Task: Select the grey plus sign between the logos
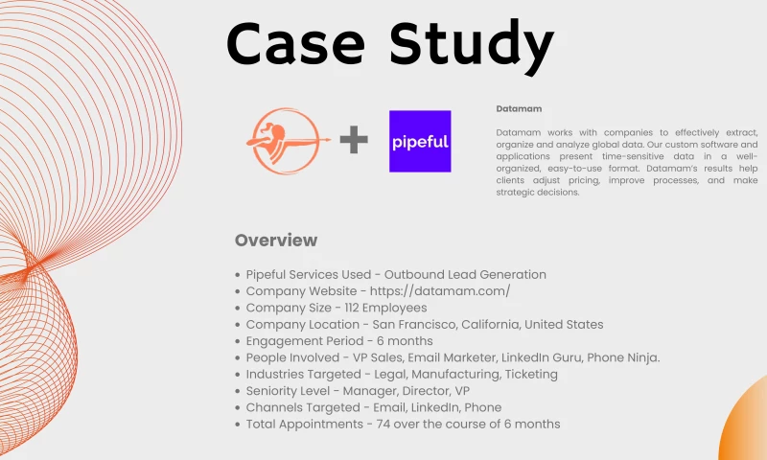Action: (354, 141)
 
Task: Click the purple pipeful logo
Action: (420, 141)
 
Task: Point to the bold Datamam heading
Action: (519, 109)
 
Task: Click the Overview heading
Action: (275, 241)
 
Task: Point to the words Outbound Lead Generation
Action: (460, 275)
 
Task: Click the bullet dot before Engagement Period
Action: (237, 341)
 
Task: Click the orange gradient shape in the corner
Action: (748, 426)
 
